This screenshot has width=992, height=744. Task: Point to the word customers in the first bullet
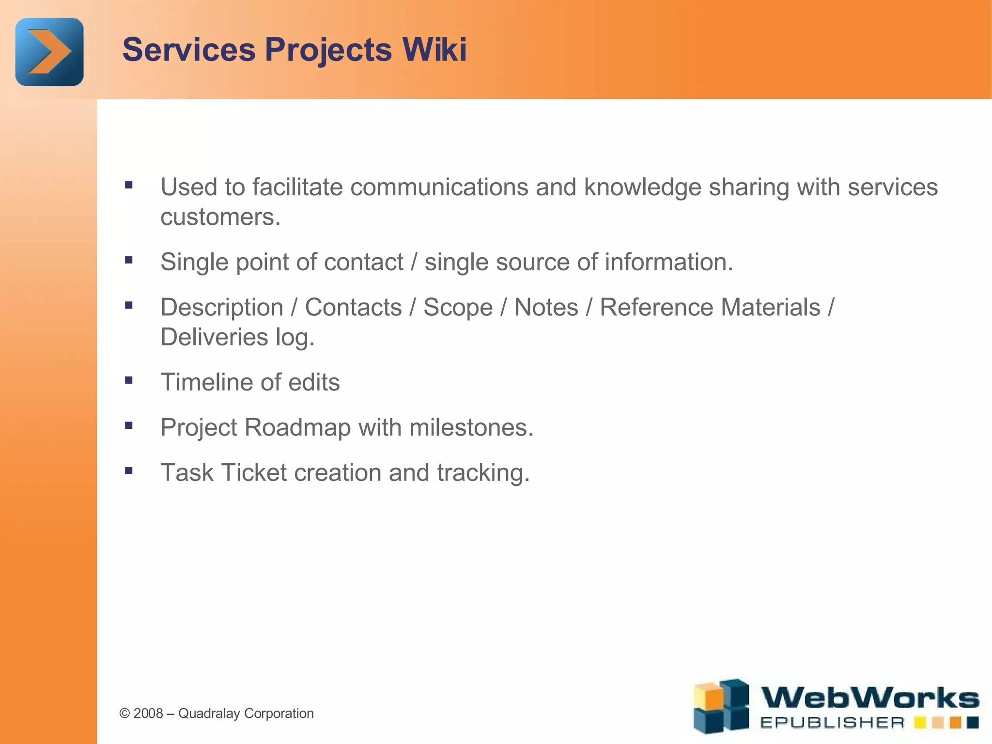220,217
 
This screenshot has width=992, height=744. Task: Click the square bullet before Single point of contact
128,260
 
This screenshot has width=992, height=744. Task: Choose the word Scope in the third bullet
458,307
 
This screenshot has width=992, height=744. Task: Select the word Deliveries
214,337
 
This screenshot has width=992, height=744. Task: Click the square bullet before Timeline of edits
128,380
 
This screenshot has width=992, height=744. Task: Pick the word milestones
471,428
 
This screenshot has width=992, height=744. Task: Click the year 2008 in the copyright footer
148,713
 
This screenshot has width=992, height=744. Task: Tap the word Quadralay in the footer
209,713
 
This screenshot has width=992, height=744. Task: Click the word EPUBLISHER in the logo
832,723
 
